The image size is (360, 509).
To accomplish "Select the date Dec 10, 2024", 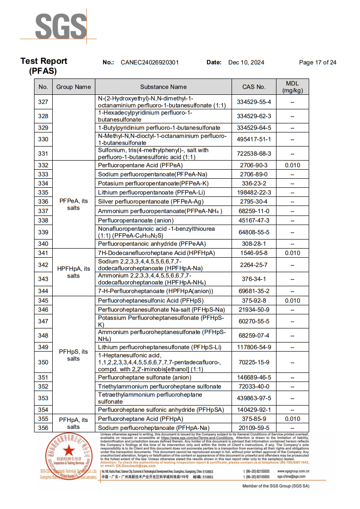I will (246, 63).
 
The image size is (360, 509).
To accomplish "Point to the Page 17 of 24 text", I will (318, 63).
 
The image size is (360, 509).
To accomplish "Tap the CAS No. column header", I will (254, 87).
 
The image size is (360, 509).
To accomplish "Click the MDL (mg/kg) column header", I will (292, 87).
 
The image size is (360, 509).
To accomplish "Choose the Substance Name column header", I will (163, 87).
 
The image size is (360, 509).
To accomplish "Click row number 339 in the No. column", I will (43, 232).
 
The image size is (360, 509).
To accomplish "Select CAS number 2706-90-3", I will (254, 165).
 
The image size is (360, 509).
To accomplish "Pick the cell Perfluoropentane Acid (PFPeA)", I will (140, 165).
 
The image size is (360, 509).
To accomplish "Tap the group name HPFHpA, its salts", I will (74, 272).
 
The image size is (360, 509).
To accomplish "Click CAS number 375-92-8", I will (254, 300).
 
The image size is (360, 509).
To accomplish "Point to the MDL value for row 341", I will (292, 253).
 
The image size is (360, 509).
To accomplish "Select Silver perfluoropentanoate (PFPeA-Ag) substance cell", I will (151, 201).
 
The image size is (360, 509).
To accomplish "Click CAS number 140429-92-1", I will (254, 410).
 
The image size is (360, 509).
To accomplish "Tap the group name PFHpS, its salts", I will (74, 355).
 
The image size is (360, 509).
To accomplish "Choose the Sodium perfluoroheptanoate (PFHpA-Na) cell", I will (153, 428).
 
